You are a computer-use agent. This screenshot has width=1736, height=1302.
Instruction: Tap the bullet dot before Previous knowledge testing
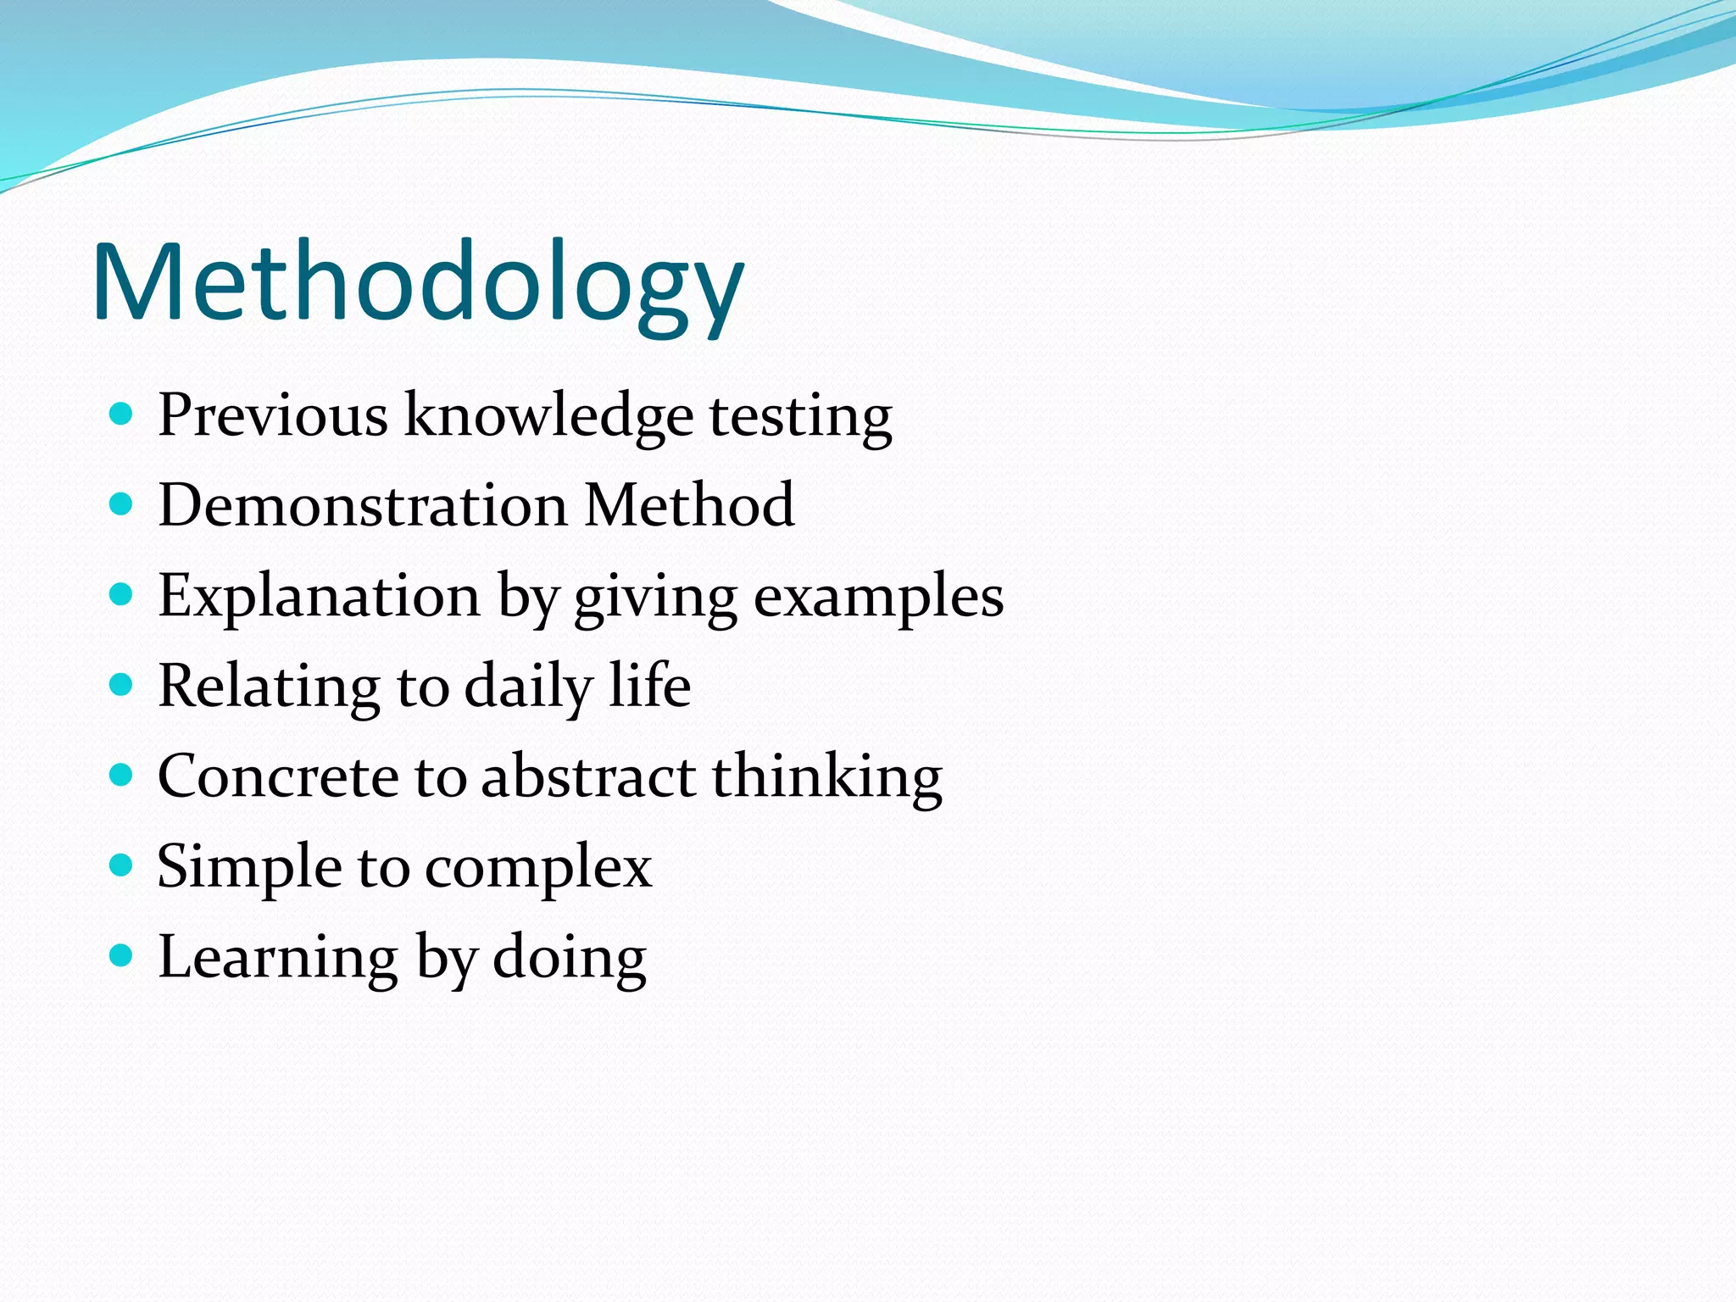pyautogui.click(x=122, y=415)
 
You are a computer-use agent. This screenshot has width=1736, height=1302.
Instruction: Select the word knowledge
pyautogui.click(x=548, y=416)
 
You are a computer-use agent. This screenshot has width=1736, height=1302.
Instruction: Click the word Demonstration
pyautogui.click(x=363, y=505)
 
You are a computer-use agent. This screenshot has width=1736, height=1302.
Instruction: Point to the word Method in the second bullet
pyautogui.click(x=689, y=505)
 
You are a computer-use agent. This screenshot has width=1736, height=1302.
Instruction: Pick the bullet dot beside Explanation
pyautogui.click(x=122, y=595)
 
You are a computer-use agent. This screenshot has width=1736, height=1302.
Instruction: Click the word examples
pyautogui.click(x=878, y=597)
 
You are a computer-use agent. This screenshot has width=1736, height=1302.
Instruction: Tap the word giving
pyautogui.click(x=655, y=597)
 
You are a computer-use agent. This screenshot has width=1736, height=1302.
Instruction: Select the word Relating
pyautogui.click(x=269, y=687)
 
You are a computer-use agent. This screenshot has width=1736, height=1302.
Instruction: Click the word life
pyautogui.click(x=650, y=685)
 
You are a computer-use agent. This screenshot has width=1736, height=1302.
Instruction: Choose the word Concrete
pyautogui.click(x=278, y=776)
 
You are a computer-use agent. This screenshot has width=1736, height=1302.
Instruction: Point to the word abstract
pyautogui.click(x=588, y=776)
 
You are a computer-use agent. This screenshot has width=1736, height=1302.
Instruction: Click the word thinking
pyautogui.click(x=826, y=776)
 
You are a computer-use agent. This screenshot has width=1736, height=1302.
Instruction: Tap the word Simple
pyautogui.click(x=249, y=867)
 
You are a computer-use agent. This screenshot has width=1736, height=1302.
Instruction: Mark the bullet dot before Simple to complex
pyautogui.click(x=122, y=865)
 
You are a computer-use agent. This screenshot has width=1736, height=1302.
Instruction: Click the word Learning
pyautogui.click(x=278, y=958)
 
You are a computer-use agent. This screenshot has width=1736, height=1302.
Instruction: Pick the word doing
pyautogui.click(x=570, y=958)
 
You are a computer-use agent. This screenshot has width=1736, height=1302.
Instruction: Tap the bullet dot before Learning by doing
pyautogui.click(x=122, y=956)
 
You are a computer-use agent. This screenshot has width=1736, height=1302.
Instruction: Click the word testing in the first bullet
pyautogui.click(x=800, y=416)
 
